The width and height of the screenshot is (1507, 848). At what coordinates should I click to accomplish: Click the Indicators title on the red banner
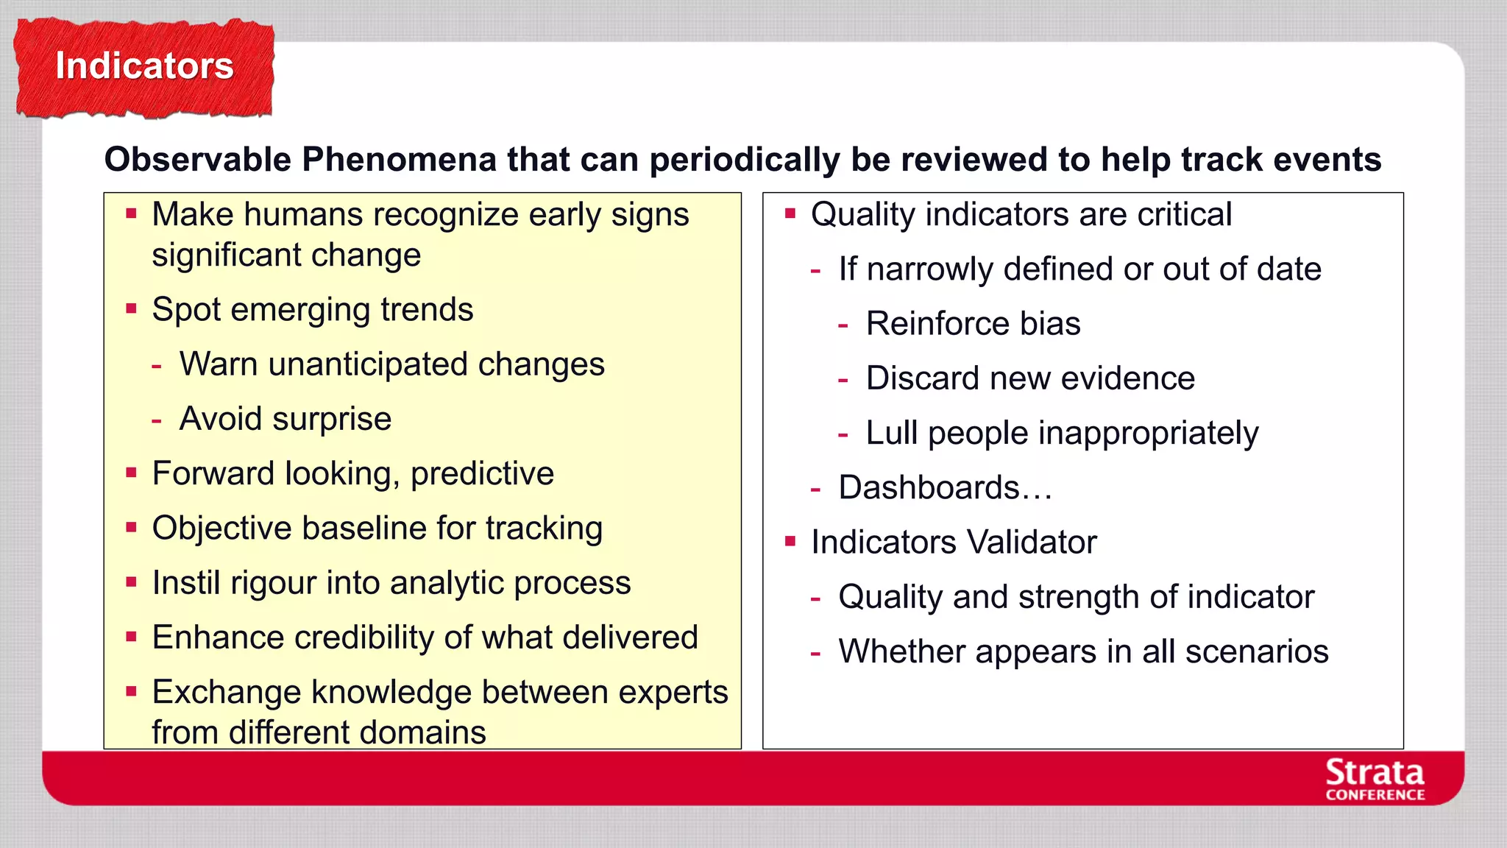pyautogui.click(x=144, y=66)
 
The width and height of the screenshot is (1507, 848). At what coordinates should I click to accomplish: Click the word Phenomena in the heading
pyautogui.click(x=399, y=160)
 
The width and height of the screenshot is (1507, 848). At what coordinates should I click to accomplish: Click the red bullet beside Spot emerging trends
pyautogui.click(x=132, y=309)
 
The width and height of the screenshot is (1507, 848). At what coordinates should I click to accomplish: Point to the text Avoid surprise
pyautogui.click(x=286, y=419)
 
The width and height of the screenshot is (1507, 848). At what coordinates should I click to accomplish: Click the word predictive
pyautogui.click(x=482, y=473)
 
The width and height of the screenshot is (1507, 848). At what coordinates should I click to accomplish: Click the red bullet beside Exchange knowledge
pyautogui.click(x=132, y=692)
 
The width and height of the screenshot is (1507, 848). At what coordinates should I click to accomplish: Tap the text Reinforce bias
pyautogui.click(x=973, y=324)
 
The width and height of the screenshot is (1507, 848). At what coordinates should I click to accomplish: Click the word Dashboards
pyautogui.click(x=929, y=488)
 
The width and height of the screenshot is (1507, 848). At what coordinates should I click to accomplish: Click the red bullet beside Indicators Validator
pyautogui.click(x=791, y=543)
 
